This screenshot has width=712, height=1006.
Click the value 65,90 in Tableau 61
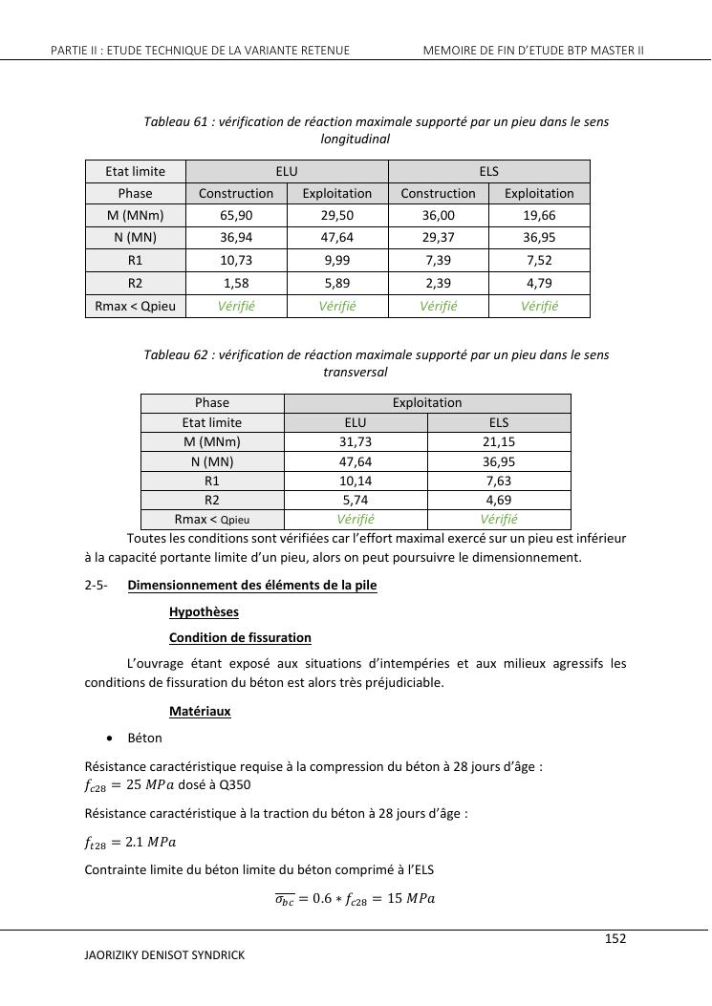tap(236, 216)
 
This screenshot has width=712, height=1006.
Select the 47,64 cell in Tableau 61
tap(337, 238)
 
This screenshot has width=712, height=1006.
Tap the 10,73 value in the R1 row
tap(236, 260)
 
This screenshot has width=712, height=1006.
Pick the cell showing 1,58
tap(236, 283)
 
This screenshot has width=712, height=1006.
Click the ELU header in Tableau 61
tap(287, 171)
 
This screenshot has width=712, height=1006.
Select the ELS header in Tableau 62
tap(499, 422)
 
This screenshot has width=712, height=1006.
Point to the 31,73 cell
tap(356, 441)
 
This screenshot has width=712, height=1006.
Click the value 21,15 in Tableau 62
tap(499, 441)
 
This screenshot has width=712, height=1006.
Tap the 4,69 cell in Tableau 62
tap(499, 500)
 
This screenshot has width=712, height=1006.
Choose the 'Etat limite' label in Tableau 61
tap(135, 171)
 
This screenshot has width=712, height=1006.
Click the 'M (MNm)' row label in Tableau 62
tap(212, 441)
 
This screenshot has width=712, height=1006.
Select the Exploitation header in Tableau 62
tap(427, 403)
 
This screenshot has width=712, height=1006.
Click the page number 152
tap(615, 939)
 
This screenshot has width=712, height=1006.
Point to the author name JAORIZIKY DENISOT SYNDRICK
tap(164, 954)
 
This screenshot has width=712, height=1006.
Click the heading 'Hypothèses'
tap(204, 611)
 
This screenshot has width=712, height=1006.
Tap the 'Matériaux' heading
tap(200, 712)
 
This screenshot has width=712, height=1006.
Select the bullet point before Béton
tap(113, 738)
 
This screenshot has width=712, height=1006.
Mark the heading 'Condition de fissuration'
tap(240, 637)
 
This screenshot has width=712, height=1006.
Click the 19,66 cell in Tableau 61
tap(539, 216)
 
